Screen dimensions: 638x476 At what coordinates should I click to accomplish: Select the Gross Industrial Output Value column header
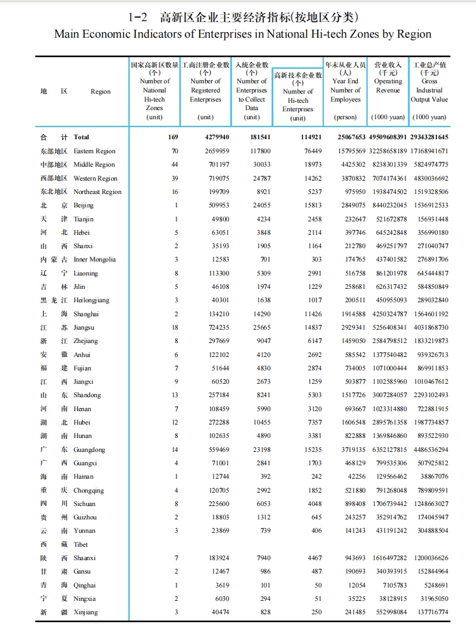(429, 90)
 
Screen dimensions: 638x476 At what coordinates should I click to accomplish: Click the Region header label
(100, 91)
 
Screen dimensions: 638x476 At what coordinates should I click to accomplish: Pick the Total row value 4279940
(217, 137)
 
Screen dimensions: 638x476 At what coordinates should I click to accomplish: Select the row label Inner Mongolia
(94, 260)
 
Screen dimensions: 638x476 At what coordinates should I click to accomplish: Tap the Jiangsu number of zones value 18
(175, 327)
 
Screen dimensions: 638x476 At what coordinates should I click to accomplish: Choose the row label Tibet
(81, 544)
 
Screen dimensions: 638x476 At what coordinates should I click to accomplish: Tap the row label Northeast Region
(97, 192)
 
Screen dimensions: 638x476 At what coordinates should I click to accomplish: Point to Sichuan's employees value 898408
(351, 504)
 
